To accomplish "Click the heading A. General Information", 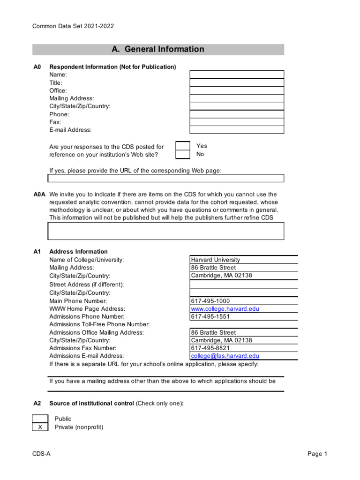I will tap(158, 49).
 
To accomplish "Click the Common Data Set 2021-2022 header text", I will tap(73, 26).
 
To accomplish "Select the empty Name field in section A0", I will tap(236, 75).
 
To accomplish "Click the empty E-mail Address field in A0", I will tap(236, 130).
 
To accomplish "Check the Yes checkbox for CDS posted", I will tap(182, 146).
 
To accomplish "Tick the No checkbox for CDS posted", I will tap(182, 154).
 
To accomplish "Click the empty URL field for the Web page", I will tap(165, 178).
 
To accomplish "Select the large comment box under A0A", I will tap(165, 231).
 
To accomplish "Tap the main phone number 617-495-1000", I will tap(210, 301).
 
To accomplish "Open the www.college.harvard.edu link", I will tap(225, 309).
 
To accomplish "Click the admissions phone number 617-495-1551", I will tap(210, 317).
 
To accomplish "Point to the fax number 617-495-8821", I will tap(210, 348).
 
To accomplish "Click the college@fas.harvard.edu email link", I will tap(225, 356).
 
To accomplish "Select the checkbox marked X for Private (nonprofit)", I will tap(40, 427).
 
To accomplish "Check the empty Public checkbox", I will tap(40, 419).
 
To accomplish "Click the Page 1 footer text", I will tap(317, 454).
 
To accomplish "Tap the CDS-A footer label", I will tap(41, 454).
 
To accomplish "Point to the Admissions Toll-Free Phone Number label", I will tap(99, 324).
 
